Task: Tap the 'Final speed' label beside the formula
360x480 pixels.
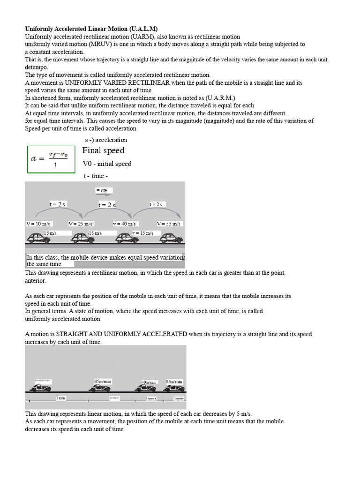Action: click(x=104, y=150)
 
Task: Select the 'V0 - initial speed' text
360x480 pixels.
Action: click(x=107, y=164)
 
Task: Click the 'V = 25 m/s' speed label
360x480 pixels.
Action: click(x=81, y=224)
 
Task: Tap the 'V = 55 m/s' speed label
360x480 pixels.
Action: click(x=169, y=224)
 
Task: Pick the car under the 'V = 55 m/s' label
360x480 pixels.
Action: click(x=171, y=238)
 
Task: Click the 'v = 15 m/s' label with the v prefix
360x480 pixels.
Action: click(x=143, y=233)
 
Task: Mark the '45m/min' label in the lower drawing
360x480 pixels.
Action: click(x=103, y=381)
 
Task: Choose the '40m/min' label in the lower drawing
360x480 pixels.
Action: click(x=149, y=382)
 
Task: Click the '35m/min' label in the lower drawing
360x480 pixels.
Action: click(x=174, y=382)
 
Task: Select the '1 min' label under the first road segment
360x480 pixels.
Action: click(x=61, y=398)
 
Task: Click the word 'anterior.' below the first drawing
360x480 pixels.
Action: click(x=36, y=281)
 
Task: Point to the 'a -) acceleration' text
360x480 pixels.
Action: click(x=106, y=140)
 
